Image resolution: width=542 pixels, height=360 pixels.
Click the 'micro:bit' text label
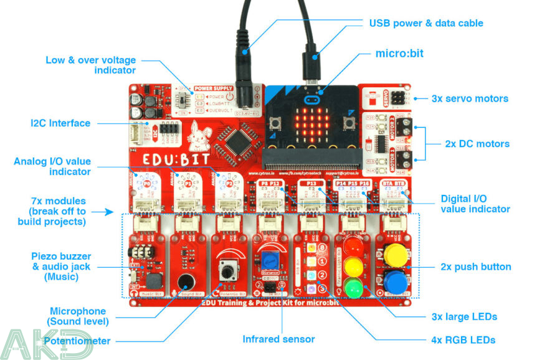(399, 53)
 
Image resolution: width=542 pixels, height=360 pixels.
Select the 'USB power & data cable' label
(426, 23)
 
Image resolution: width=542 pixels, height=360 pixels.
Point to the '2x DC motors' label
(477, 144)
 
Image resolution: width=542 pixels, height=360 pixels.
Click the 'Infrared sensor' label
(278, 339)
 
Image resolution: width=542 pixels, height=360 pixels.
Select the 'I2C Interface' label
(60, 123)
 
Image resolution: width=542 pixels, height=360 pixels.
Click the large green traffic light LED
(353, 288)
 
